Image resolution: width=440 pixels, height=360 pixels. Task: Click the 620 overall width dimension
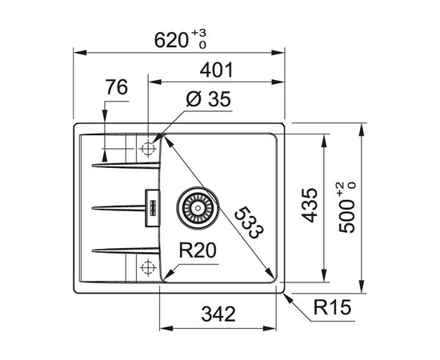pos(171,40)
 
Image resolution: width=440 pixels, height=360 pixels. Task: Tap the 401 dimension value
pos(216,70)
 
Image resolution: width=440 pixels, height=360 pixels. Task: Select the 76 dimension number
pos(117,87)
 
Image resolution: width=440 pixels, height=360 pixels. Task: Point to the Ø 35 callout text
pos(208,98)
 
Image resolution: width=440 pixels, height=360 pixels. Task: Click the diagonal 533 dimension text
pos(249,222)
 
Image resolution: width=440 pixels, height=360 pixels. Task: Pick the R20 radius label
pos(198,250)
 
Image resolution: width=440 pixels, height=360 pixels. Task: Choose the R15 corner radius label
pos(332,307)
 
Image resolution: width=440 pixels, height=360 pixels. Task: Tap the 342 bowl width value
pos(218,314)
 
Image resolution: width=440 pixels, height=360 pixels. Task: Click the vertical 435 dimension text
pos(310,205)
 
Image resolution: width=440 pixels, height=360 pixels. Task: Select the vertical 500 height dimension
pos(346,216)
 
